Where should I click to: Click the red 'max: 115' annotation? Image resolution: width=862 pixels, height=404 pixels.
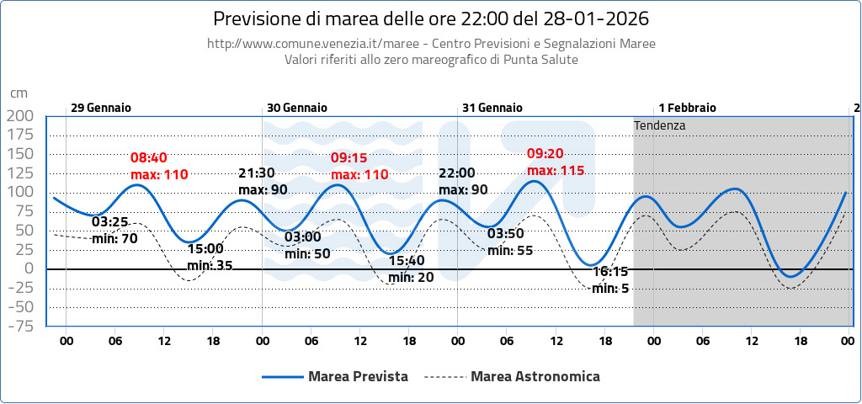pyautogui.click(x=555, y=170)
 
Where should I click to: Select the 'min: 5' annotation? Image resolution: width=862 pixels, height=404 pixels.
pyautogui.click(x=610, y=288)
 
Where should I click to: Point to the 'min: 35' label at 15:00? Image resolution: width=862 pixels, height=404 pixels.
pyautogui.click(x=210, y=265)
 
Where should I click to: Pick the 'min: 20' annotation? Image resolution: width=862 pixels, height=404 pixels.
pyautogui.click(x=412, y=277)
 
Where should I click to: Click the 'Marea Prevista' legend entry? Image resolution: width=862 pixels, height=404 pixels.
pyautogui.click(x=358, y=376)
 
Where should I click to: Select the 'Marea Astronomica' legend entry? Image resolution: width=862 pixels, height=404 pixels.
pyautogui.click(x=535, y=376)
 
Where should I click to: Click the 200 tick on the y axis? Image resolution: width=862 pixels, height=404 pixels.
pyautogui.click(x=19, y=116)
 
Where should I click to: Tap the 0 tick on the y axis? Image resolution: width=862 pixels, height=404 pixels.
pyautogui.click(x=29, y=269)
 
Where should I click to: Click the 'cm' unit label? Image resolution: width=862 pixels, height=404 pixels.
pyautogui.click(x=19, y=93)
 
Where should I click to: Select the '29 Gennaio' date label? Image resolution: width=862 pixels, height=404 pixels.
pyautogui.click(x=100, y=108)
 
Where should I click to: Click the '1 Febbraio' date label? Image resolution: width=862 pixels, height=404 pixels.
pyautogui.click(x=687, y=108)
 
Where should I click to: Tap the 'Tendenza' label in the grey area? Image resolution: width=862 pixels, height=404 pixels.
pyautogui.click(x=660, y=125)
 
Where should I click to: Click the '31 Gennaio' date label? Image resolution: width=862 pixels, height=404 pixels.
pyautogui.click(x=492, y=108)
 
